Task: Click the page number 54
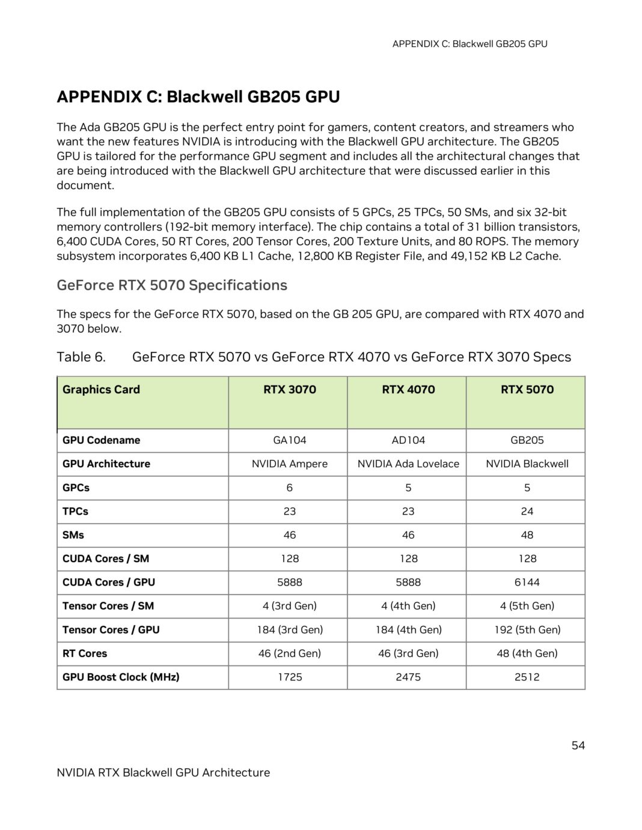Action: click(577, 745)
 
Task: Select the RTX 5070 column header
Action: click(527, 389)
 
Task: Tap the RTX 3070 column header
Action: click(289, 389)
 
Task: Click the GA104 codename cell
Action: click(289, 440)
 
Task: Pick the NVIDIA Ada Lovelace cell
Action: click(408, 464)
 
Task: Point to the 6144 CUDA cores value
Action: click(527, 582)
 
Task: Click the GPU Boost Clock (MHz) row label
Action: click(121, 677)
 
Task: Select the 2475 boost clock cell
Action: click(408, 677)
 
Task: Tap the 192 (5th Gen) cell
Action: click(527, 629)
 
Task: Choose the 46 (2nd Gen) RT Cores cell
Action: click(289, 653)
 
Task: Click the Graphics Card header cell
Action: click(101, 389)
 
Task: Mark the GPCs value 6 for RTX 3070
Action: click(289, 488)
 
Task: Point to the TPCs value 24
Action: click(527, 511)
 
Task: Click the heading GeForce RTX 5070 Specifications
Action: click(172, 285)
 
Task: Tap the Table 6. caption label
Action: click(81, 357)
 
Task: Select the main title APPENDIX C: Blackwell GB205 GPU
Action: click(198, 97)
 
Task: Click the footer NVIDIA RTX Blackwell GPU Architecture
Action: click(163, 772)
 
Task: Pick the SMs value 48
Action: click(527, 535)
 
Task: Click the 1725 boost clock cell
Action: click(289, 677)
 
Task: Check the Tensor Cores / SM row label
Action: click(108, 605)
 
